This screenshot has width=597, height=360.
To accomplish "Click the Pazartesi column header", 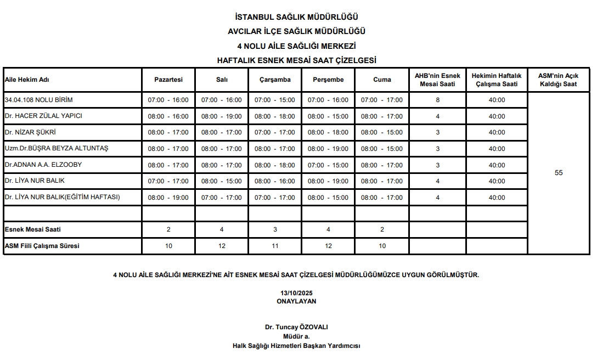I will (168, 80).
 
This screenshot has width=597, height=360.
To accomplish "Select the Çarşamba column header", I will (275, 80).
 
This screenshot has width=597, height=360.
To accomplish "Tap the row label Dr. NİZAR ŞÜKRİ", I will (31, 132).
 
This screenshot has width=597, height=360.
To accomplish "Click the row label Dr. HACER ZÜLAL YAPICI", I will (43, 116).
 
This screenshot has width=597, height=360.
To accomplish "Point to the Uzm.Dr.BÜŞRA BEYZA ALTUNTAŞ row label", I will (57, 149).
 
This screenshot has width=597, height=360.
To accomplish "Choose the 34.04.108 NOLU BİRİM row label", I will (38, 100).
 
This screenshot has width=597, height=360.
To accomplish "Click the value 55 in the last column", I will (559, 173).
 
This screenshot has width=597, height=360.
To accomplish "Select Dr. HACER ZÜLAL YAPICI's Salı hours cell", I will (222, 116).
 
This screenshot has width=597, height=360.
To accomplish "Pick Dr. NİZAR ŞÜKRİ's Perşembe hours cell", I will (328, 132).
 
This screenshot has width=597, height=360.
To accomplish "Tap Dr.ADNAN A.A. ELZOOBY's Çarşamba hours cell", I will (275, 165).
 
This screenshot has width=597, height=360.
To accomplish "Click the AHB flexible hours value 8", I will (437, 100).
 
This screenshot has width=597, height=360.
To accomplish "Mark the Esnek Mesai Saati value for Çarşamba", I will (275, 229).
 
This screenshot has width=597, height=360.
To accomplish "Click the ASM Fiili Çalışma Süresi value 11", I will (275, 246).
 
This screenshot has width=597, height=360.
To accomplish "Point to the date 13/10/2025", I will (296, 294).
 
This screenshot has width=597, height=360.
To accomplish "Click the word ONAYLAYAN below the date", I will (296, 301).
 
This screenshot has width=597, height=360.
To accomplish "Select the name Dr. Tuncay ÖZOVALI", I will (296, 327).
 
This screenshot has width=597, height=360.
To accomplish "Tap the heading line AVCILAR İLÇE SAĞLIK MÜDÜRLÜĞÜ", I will (297, 32).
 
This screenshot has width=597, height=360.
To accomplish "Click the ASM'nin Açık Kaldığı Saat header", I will (559, 80).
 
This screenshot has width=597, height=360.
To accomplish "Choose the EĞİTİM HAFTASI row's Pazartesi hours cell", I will (168, 198).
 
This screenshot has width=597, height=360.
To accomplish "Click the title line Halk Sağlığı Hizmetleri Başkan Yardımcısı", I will (296, 346).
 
